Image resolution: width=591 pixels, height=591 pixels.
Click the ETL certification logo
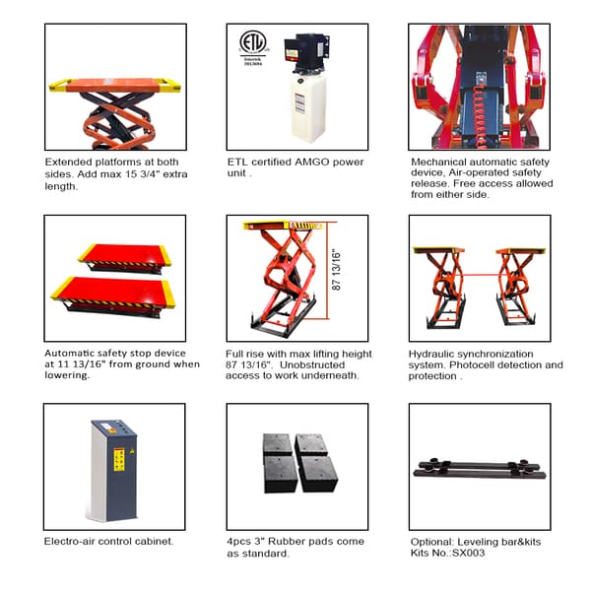pos(254,46)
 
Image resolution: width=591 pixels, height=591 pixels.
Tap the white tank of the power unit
pos(308,105)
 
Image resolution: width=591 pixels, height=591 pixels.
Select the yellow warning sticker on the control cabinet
pos(119,459)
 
